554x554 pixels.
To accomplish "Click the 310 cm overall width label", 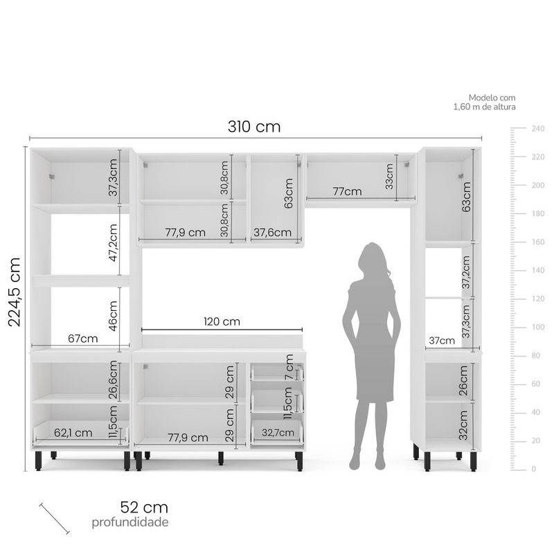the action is click(254, 127).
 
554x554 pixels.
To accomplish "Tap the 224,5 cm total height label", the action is click(15, 292).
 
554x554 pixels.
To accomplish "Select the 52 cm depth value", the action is click(144, 508).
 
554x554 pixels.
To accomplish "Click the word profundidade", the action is click(130, 522).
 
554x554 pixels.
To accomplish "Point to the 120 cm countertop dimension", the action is click(222, 321).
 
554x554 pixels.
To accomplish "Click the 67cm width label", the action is click(82, 339).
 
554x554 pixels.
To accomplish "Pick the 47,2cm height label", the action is click(113, 243).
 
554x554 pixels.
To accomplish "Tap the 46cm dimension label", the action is click(113, 316).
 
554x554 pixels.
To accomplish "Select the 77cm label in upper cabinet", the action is click(348, 192).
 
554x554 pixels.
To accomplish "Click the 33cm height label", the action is click(389, 177).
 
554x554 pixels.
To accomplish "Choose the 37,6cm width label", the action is click(272, 232).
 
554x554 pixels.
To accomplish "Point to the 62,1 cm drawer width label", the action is click(73, 433).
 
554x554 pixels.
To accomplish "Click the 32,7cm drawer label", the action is click(278, 432).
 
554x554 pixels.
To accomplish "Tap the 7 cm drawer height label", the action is click(289, 367).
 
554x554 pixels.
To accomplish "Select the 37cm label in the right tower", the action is click(442, 341).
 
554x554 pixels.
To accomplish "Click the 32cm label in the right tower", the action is click(463, 425).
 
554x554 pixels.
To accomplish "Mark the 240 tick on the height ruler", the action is click(538, 128).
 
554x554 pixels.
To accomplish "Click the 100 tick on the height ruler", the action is click(538, 327).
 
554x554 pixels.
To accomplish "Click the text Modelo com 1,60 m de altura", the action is click(484, 102).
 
